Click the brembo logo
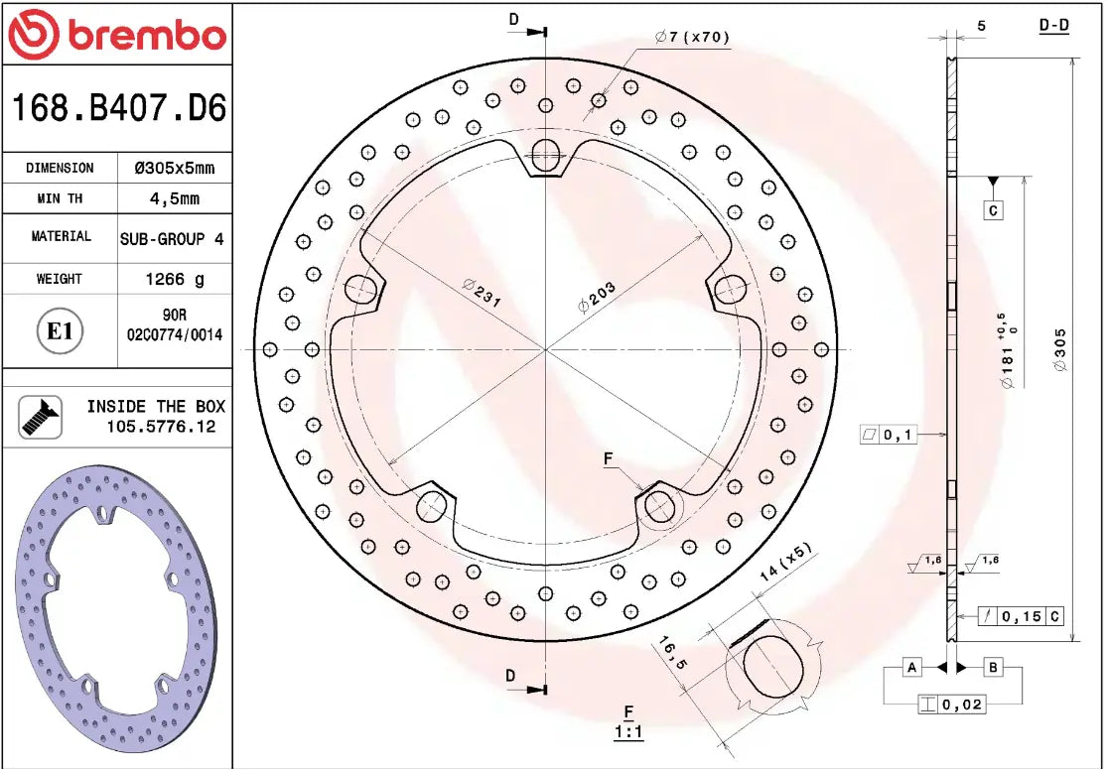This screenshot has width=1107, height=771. pos(117,35)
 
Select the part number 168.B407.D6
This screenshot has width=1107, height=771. pos(117,108)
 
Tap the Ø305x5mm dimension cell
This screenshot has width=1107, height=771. pos(174,168)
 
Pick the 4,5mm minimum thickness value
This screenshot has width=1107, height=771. pos(174,198)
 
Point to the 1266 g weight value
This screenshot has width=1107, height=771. pos(174,279)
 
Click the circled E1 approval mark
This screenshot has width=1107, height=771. pos(61,331)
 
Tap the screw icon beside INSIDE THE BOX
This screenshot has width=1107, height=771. pos(41,417)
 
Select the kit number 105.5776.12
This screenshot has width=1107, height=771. pos(160,427)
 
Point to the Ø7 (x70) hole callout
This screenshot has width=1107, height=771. pos(692,38)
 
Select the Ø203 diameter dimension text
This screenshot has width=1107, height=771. pos(598,297)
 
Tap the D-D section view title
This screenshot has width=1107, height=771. pos(1053,25)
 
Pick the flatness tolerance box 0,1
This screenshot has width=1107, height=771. pos(888,435)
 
